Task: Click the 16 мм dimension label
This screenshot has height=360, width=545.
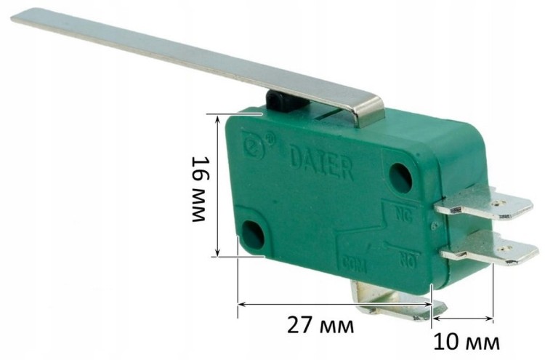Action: click(201, 189)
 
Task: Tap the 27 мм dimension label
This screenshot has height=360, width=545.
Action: click(320, 327)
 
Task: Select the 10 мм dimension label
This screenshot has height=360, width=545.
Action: click(467, 344)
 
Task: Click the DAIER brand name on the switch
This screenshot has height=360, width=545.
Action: click(321, 164)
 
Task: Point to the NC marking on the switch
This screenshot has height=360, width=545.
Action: click(403, 215)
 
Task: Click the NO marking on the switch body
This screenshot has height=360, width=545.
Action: click(408, 259)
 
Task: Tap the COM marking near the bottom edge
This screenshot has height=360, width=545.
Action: click(354, 265)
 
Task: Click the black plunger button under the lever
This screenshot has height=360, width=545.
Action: click(286, 102)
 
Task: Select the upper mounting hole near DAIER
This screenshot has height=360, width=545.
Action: click(400, 177)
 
